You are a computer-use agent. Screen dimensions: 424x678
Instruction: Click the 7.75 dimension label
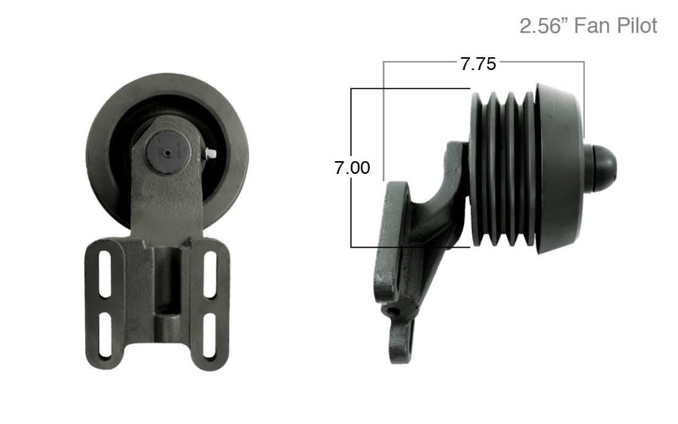[x=478, y=63]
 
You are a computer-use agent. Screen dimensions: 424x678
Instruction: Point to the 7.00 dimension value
[x=352, y=168]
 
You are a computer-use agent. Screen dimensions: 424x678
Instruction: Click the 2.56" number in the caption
[x=545, y=26]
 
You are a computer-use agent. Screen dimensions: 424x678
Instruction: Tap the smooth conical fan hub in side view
[x=559, y=167]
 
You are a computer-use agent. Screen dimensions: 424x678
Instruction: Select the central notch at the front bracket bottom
[x=167, y=324]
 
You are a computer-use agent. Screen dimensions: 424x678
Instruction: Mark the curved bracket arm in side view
[x=437, y=211]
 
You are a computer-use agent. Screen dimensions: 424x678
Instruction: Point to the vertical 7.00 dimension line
[x=352, y=211]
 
